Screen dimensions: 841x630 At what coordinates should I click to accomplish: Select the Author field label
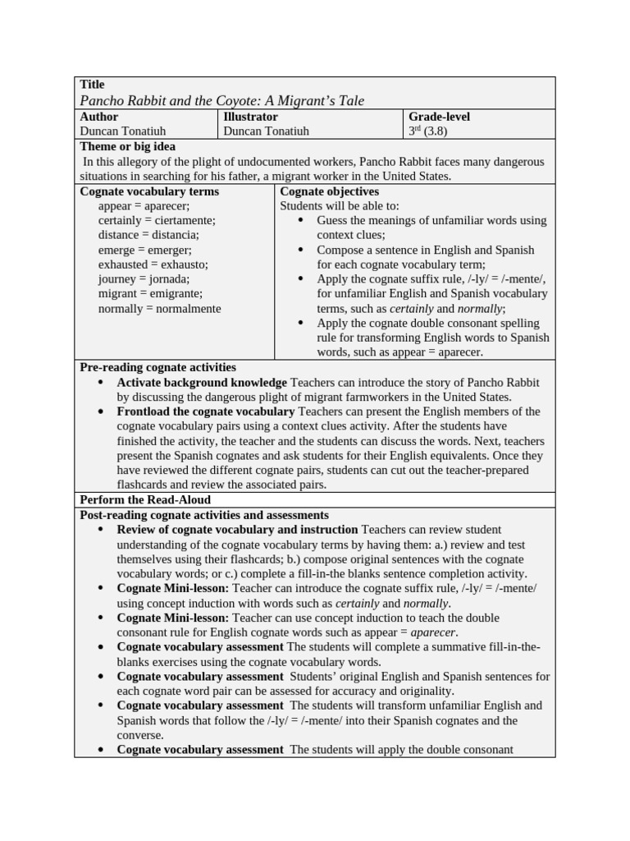[x=99, y=117]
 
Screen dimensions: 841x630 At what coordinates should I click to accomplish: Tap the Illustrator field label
[x=251, y=117]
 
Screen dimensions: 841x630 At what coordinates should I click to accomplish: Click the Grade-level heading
[x=439, y=117]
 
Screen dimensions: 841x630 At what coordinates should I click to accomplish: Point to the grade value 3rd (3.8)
[x=427, y=131]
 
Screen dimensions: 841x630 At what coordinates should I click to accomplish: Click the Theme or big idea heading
[x=127, y=146]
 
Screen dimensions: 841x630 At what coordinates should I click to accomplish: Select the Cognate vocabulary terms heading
[x=149, y=191]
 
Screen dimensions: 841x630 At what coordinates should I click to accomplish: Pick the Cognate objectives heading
[x=330, y=191]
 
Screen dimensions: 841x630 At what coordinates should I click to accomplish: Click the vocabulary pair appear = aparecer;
[x=144, y=206]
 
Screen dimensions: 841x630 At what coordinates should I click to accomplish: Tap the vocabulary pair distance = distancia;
[x=148, y=235]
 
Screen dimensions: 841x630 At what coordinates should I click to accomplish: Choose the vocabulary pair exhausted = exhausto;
[x=153, y=264]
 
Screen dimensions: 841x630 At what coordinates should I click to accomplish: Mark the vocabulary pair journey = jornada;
[x=144, y=279]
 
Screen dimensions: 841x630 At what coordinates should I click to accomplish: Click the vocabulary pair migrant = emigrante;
[x=150, y=293]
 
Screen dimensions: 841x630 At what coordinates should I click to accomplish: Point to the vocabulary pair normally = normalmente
[x=159, y=309]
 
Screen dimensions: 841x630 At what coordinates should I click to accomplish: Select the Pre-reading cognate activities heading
[x=157, y=367]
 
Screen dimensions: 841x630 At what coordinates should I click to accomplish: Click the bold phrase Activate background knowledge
[x=202, y=383]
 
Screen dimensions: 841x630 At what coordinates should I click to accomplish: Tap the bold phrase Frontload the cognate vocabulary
[x=206, y=411]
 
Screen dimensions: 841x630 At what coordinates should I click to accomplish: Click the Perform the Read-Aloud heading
[x=145, y=499]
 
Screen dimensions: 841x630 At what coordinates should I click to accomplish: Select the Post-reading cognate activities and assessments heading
[x=204, y=515]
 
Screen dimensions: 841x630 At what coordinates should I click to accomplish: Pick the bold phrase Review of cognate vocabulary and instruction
[x=237, y=530]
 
